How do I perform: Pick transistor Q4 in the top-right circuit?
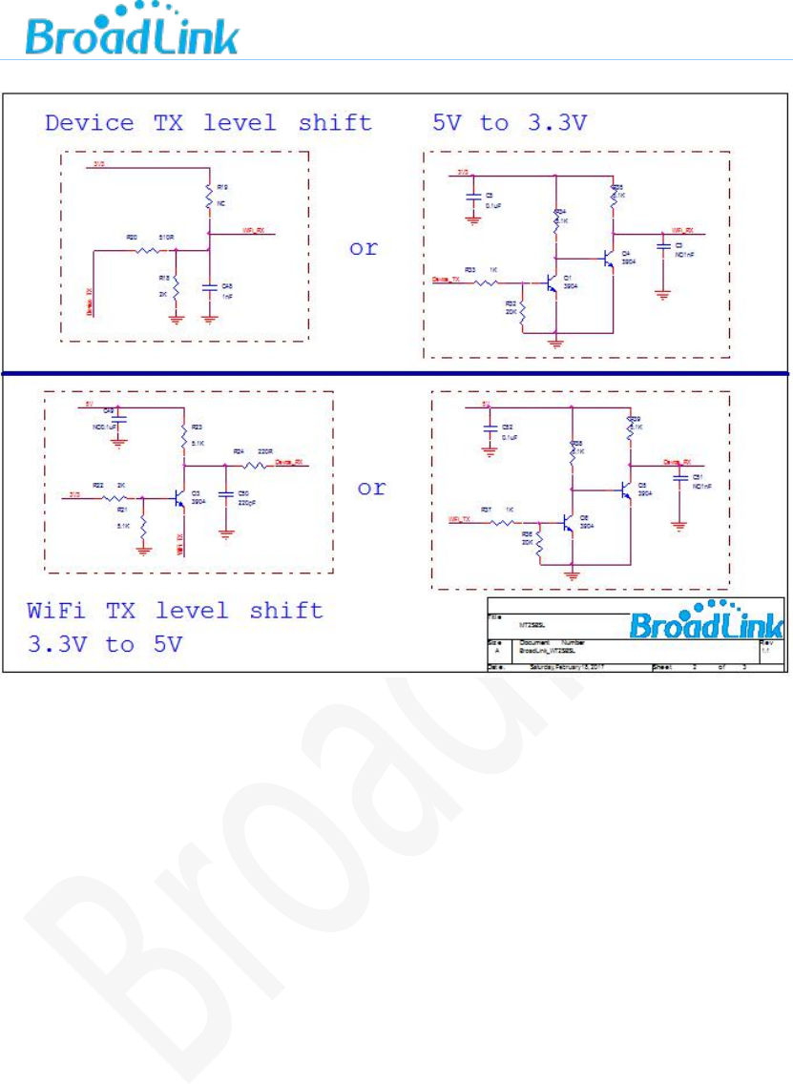point(608,257)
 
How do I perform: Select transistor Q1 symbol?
point(551,283)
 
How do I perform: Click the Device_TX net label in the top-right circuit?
point(442,280)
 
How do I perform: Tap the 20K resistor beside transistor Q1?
point(523,312)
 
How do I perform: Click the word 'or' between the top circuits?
point(364,248)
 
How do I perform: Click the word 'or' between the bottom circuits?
point(371,488)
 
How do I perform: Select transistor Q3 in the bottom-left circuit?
point(178,497)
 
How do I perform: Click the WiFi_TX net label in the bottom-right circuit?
point(462,518)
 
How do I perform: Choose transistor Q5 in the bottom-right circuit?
point(623,490)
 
